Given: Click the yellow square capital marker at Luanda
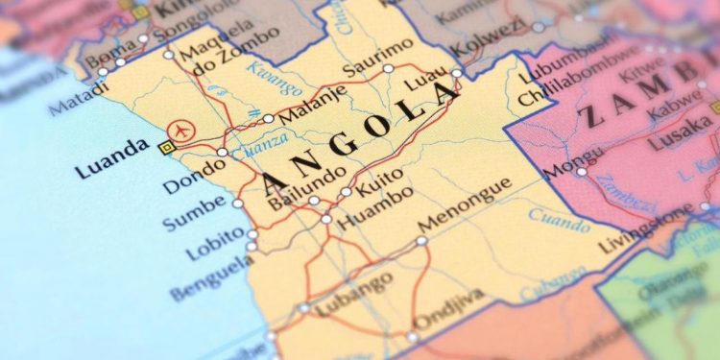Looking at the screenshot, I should tap(165, 147).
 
